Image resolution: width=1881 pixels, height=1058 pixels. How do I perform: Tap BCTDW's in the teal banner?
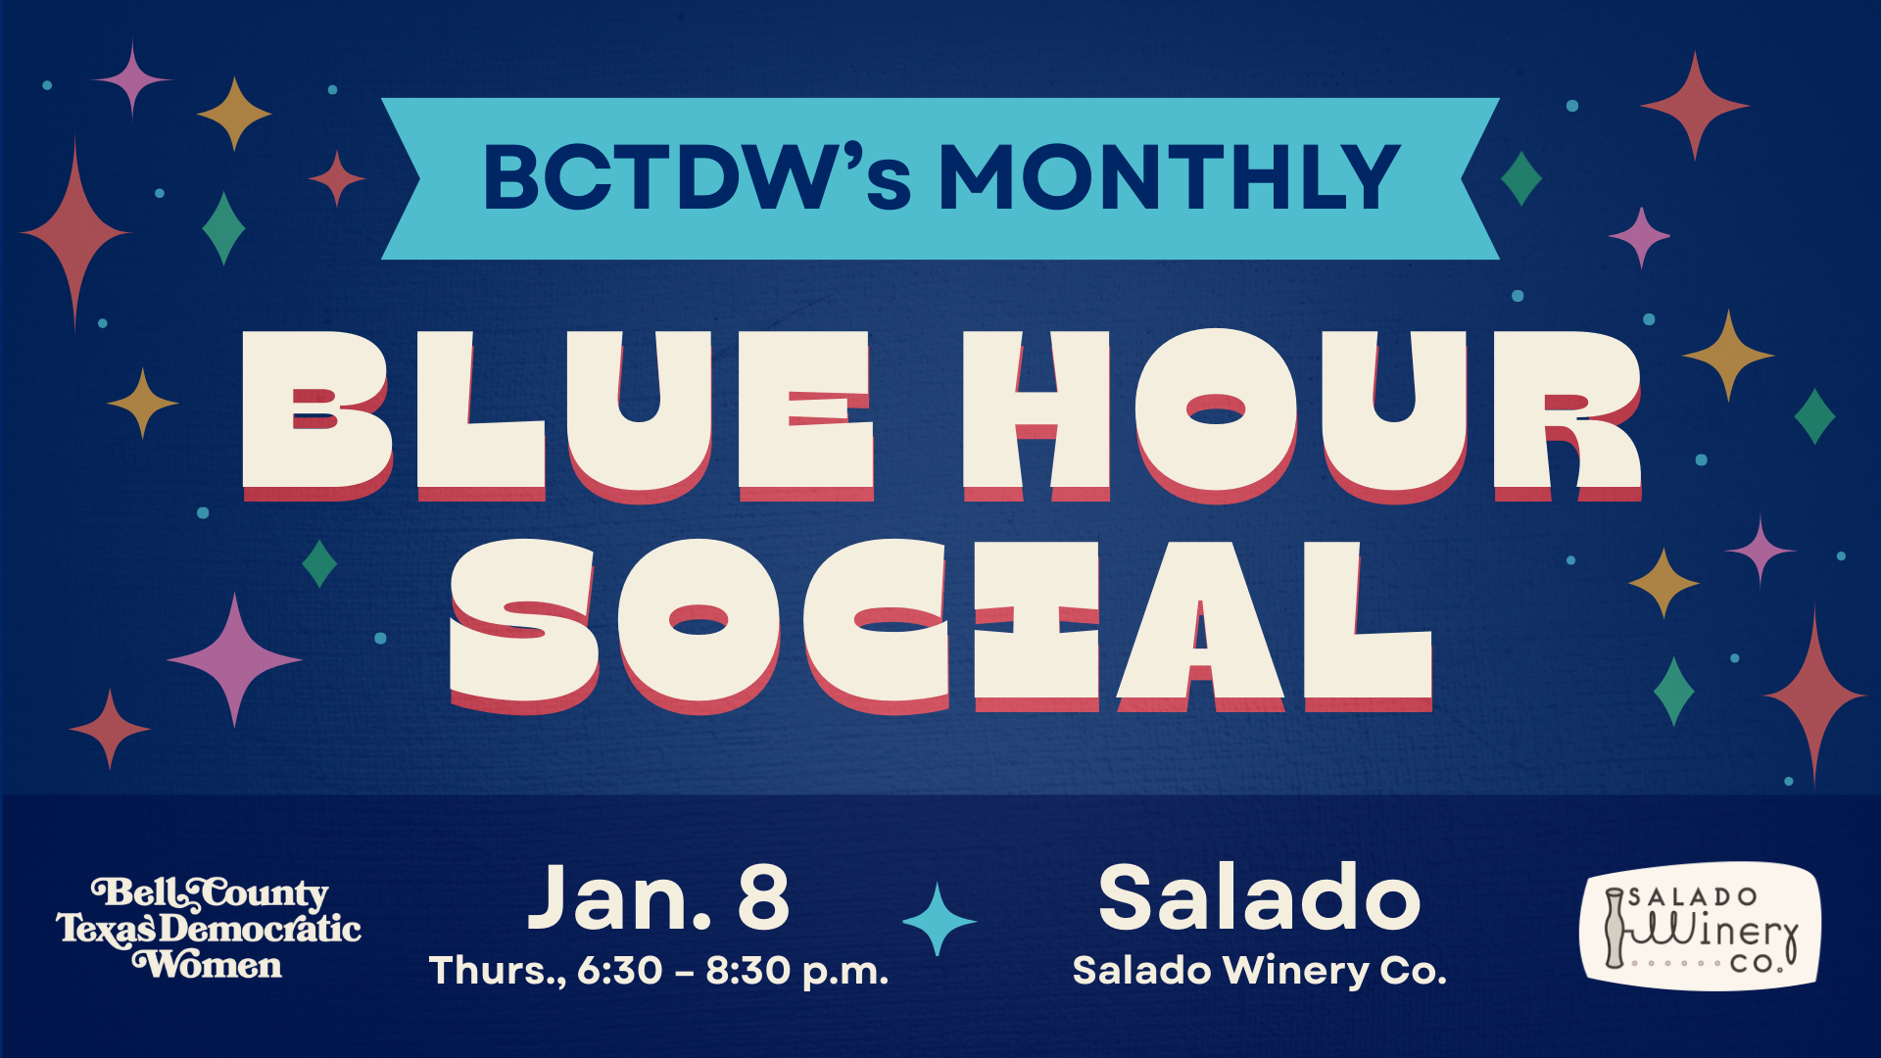tap(698, 177)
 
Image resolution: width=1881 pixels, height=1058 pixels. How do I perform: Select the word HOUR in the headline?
tap(1302, 414)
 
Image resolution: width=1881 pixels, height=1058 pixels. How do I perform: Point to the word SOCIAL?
tap(940, 625)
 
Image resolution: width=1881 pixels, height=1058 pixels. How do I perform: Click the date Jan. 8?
tap(658, 897)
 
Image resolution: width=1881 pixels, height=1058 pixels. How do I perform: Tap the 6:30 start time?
tap(620, 971)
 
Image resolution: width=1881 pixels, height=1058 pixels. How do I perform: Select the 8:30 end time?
tap(748, 971)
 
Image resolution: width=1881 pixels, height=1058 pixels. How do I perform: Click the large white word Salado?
tap(1260, 897)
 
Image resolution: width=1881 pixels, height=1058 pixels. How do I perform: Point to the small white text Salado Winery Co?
tap(1260, 971)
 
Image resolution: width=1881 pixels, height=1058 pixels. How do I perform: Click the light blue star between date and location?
tap(939, 919)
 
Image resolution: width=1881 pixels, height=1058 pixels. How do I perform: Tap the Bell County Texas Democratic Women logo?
tap(209, 929)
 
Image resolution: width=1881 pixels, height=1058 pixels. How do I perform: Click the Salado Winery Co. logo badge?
tap(1701, 926)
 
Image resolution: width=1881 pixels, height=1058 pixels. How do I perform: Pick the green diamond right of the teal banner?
tap(1521, 178)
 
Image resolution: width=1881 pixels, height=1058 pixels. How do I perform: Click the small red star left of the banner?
tap(337, 178)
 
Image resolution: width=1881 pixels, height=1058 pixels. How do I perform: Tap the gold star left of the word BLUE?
tap(143, 403)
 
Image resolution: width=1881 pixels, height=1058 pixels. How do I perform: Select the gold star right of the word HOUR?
tap(1728, 355)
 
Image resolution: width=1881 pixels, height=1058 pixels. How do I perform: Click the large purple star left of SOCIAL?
tap(234, 660)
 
